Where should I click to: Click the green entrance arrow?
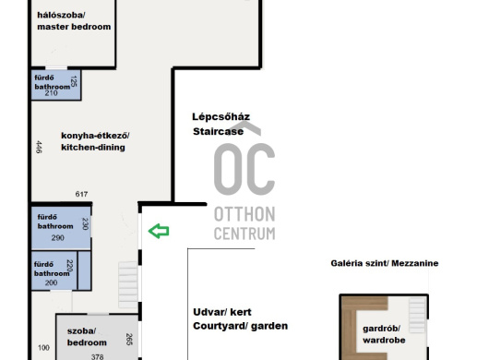click(x=159, y=231)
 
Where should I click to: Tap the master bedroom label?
click(x=74, y=21)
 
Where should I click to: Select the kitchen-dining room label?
click(x=95, y=141)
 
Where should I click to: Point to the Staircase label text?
click(x=218, y=131)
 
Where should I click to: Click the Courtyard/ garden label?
click(x=240, y=318)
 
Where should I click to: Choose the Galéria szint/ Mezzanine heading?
click(x=385, y=263)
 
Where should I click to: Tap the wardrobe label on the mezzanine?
click(x=384, y=334)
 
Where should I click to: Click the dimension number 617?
click(x=81, y=194)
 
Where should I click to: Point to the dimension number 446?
click(x=39, y=147)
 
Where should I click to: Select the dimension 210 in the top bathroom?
click(x=51, y=93)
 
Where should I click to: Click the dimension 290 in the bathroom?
click(x=58, y=238)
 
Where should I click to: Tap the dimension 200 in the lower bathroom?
click(x=51, y=282)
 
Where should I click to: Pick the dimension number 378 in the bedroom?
click(x=97, y=356)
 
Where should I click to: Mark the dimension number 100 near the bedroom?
click(x=43, y=347)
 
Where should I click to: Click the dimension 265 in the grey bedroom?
click(x=129, y=339)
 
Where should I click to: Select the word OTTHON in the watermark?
click(x=244, y=214)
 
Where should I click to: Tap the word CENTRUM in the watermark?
click(x=244, y=234)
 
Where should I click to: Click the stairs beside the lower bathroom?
click(x=128, y=285)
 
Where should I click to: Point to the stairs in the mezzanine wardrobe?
click(x=417, y=315)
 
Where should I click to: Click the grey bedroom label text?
click(x=87, y=337)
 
